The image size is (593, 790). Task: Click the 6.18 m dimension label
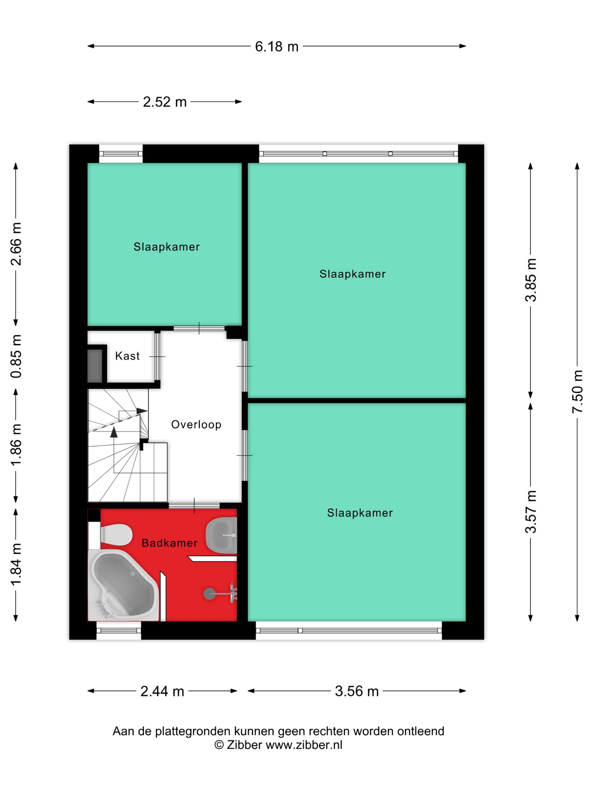pyautogui.click(x=276, y=47)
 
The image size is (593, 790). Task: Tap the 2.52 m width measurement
pyautogui.click(x=165, y=102)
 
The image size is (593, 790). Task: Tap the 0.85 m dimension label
pyautogui.click(x=16, y=356)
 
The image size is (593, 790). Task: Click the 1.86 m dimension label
pyautogui.click(x=16, y=445)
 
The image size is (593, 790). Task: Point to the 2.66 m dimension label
pyautogui.click(x=16, y=244)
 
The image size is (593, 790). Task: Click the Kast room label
pyautogui.click(x=127, y=356)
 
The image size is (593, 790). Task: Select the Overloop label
pyautogui.click(x=196, y=425)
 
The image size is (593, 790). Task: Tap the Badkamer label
pyautogui.click(x=169, y=543)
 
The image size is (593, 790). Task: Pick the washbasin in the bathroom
pyautogui.click(x=222, y=535)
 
